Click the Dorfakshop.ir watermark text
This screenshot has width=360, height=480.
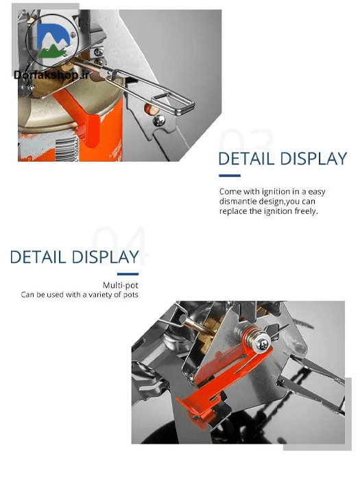(x=51, y=75)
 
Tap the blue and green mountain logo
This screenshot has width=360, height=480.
(x=53, y=40)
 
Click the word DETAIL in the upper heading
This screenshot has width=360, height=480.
(x=246, y=159)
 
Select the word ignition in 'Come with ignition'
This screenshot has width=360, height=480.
(x=276, y=191)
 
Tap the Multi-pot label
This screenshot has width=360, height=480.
(x=120, y=285)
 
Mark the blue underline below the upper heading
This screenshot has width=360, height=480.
(x=230, y=176)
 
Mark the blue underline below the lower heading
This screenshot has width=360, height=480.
(x=128, y=274)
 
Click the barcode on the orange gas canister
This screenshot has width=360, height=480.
(x=69, y=149)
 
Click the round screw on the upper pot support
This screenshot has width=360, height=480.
(x=159, y=120)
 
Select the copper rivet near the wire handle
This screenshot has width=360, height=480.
(x=149, y=108)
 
